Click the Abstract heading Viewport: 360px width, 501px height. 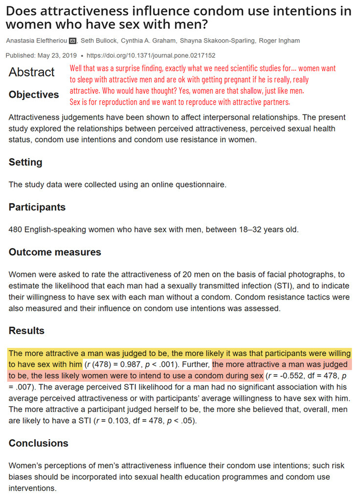(x=32, y=72)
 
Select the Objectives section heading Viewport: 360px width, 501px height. (x=34, y=95)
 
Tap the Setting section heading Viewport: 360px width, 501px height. (x=25, y=162)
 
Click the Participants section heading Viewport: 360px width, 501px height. (x=37, y=207)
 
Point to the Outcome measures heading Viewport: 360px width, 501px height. (x=55, y=252)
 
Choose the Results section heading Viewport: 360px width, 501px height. (x=26, y=331)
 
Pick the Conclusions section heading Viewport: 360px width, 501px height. (x=39, y=443)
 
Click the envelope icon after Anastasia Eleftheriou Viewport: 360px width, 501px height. (x=73, y=41)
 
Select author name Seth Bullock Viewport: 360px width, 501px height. (x=97, y=41)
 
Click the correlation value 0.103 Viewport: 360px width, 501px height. (x=129, y=421)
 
